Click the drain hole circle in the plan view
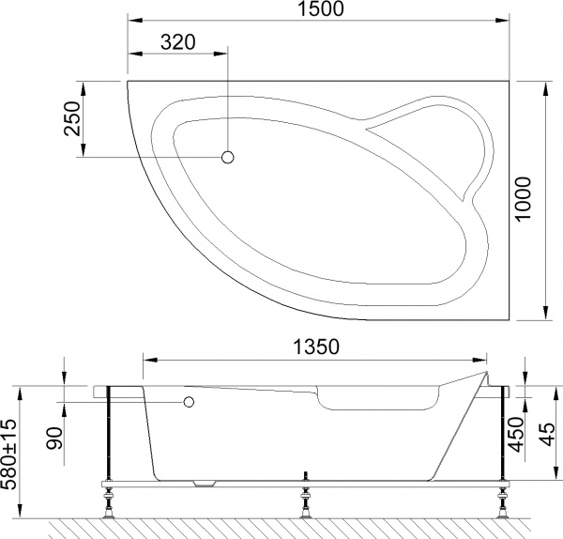click(x=226, y=158)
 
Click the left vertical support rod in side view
click(x=111, y=432)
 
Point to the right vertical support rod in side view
click(x=503, y=432)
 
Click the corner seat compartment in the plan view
click(x=436, y=150)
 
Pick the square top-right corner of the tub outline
click(x=514, y=83)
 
